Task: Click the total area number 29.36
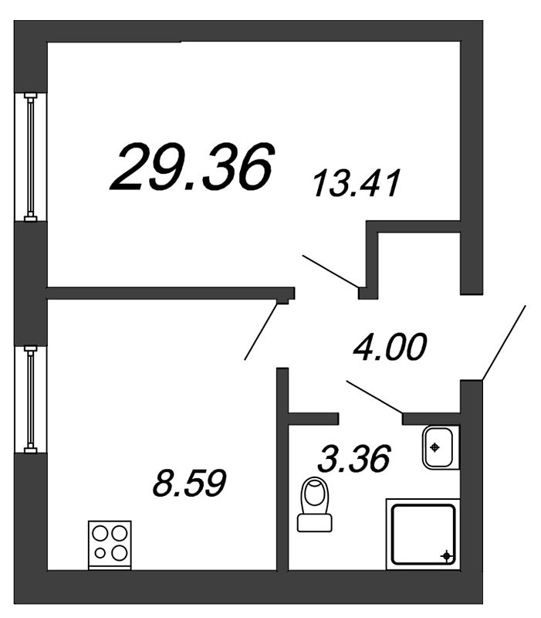click(191, 167)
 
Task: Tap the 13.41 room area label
click(357, 183)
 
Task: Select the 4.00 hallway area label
click(390, 347)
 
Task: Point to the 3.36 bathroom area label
click(353, 458)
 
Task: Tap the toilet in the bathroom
click(315, 504)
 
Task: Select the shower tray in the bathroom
click(423, 534)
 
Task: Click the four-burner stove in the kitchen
click(110, 545)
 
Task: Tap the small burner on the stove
click(100, 553)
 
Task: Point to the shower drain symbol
click(446, 556)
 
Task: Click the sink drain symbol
click(434, 447)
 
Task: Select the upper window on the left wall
click(30, 158)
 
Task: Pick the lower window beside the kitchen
click(30, 399)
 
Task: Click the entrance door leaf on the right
click(504, 342)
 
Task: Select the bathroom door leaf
click(375, 397)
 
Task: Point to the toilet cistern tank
click(315, 523)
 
